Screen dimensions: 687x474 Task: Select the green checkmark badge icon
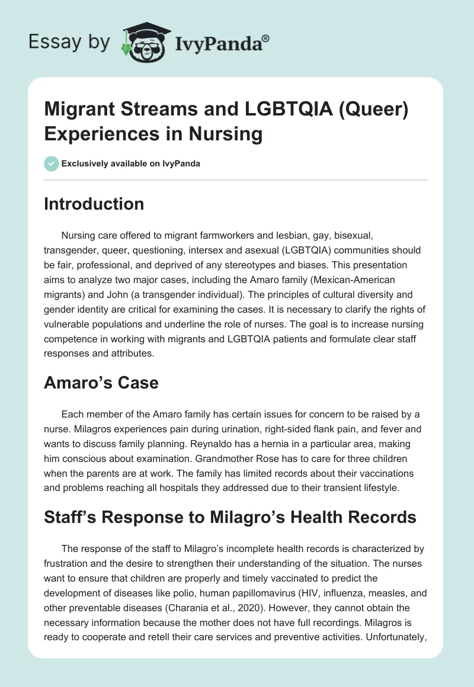click(51, 163)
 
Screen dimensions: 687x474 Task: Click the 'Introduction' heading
click(94, 204)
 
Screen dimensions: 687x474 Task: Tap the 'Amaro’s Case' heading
click(101, 383)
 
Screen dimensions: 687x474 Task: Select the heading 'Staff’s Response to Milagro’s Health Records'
click(230, 517)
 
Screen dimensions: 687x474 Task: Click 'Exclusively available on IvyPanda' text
click(130, 164)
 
